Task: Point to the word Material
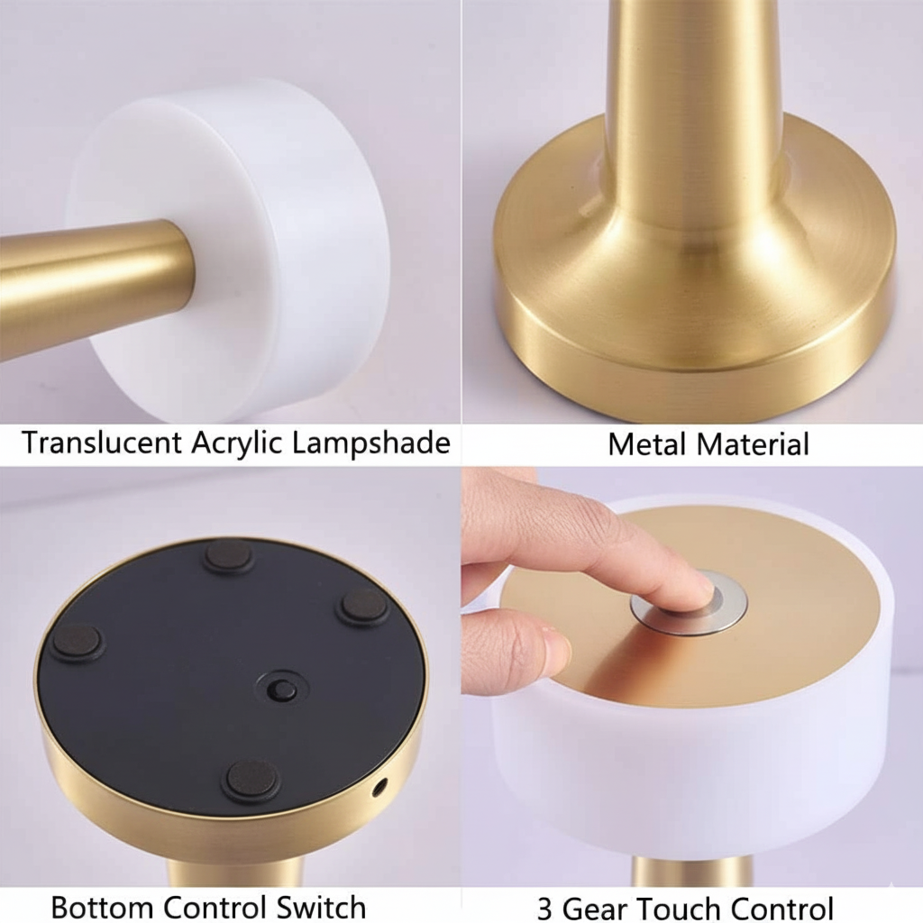point(755,443)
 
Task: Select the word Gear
point(600,906)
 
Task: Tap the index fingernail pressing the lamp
point(699,587)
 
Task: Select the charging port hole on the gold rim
point(379,787)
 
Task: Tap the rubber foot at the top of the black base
point(228,556)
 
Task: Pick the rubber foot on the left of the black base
point(77,642)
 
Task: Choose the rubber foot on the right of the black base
point(363,606)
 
